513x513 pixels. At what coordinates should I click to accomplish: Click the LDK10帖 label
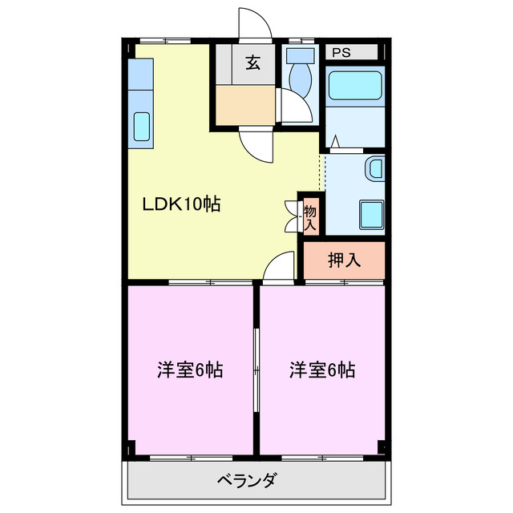pyautogui.click(x=181, y=204)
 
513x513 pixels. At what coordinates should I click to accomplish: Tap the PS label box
pyautogui.click(x=342, y=53)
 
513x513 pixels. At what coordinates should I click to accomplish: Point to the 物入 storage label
pyautogui.click(x=309, y=216)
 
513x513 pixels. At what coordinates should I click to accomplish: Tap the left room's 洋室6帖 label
pyautogui.click(x=189, y=370)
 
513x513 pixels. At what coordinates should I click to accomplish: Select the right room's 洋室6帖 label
pyautogui.click(x=323, y=370)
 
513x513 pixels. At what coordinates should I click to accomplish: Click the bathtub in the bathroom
pyautogui.click(x=355, y=84)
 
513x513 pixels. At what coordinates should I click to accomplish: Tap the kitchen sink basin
pyautogui.click(x=141, y=127)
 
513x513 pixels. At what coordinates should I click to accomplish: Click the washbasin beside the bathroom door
pyautogui.click(x=374, y=169)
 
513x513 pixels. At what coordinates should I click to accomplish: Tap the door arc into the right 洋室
pyautogui.click(x=279, y=266)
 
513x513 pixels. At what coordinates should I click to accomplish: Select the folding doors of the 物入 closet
pyautogui.click(x=291, y=215)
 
